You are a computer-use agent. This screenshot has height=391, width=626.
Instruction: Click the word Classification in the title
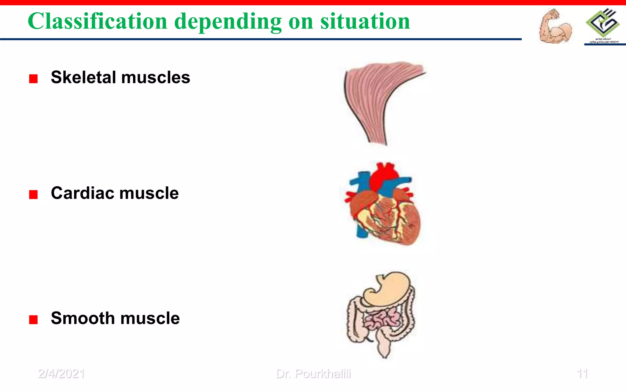[x=97, y=21]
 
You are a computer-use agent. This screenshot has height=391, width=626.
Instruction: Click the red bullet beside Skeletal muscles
[x=33, y=79]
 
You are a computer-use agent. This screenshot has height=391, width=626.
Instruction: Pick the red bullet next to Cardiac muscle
[x=33, y=195]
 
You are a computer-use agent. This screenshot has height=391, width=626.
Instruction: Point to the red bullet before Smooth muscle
[x=33, y=320]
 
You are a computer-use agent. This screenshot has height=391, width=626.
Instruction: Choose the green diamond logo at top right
[x=602, y=23]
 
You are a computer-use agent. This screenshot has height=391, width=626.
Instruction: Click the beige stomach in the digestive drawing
[x=388, y=289]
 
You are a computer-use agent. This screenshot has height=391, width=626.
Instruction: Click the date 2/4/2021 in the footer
[x=61, y=374]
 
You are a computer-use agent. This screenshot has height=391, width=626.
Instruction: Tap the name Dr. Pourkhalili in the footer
[x=313, y=374]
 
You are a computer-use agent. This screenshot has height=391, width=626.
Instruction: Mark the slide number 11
[x=582, y=374]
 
